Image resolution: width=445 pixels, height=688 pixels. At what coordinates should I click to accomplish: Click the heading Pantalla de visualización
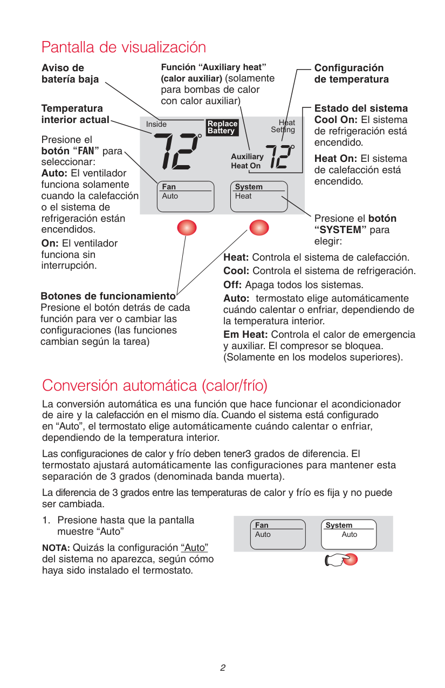pos(124,47)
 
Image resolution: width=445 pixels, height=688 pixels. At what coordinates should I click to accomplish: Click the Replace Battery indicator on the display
pos(222,127)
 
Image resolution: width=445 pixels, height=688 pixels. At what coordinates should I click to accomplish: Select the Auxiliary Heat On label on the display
pos(247,161)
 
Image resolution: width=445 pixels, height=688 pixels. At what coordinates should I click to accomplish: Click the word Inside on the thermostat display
pos(156,125)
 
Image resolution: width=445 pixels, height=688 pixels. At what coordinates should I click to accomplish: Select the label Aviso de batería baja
pos(70,74)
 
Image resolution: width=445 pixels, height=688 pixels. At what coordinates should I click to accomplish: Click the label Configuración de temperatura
pos(351,74)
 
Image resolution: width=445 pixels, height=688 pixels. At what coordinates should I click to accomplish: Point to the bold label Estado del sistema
pos(361,108)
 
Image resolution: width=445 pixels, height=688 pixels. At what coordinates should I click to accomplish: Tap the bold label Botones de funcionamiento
pos(108,296)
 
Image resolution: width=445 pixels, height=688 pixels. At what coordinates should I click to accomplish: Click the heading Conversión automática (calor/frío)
pos(155,386)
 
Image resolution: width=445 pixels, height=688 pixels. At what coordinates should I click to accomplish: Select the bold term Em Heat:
pos(245,335)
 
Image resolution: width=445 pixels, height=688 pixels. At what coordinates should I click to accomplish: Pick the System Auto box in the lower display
pos(349,534)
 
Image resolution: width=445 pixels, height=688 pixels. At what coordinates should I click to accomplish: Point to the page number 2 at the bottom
pos(222,668)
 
